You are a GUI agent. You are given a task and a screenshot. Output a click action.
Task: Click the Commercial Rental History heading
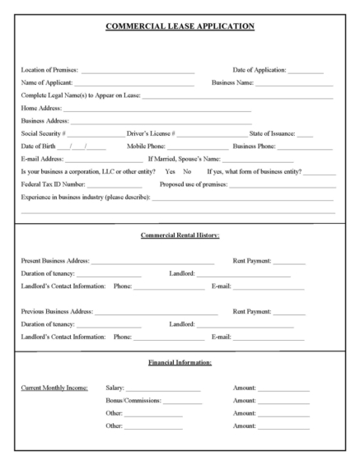179,236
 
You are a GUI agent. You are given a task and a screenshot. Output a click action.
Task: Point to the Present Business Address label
56,261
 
